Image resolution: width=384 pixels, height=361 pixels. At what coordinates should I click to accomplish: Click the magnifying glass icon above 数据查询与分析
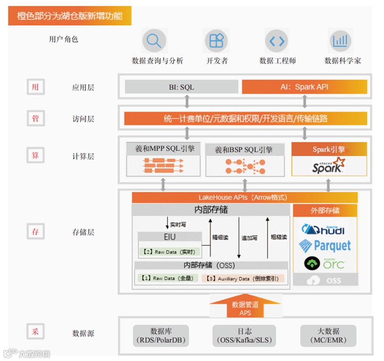click(x=153, y=41)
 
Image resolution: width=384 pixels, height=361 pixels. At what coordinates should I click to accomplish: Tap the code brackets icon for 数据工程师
click(x=277, y=41)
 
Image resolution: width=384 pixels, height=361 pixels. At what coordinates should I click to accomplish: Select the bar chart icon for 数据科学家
click(x=340, y=41)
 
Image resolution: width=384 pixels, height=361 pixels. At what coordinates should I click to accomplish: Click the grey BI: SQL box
click(x=181, y=87)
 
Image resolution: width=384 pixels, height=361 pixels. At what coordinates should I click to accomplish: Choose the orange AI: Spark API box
click(x=304, y=87)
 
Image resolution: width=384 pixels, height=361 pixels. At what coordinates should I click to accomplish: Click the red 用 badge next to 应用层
click(x=35, y=87)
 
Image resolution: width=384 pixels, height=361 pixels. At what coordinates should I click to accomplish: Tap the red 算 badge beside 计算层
click(x=35, y=156)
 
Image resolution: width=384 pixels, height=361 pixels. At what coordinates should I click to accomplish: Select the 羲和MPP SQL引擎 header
click(x=163, y=149)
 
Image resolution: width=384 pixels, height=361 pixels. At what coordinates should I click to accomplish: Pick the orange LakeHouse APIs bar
click(x=244, y=197)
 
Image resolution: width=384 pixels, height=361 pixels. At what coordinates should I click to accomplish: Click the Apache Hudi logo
click(x=324, y=230)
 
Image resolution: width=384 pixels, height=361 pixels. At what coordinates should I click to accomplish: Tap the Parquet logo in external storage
click(x=324, y=245)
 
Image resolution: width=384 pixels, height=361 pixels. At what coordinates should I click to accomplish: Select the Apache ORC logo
click(x=324, y=264)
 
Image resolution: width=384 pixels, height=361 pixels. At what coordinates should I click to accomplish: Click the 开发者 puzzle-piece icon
click(x=216, y=41)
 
